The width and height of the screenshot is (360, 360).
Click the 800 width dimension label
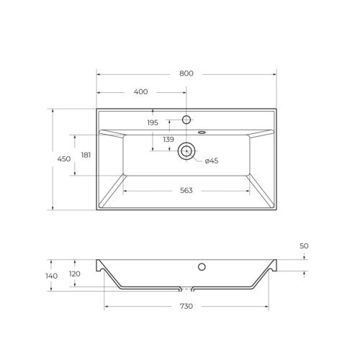tap(186, 73)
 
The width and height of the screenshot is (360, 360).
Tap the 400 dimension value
tap(140, 92)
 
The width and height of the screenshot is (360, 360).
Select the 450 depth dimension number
tap(64, 159)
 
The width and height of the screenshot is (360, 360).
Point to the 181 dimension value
tap(86, 155)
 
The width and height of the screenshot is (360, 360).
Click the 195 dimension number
tap(153, 123)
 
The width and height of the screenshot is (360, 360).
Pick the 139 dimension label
tap(168, 140)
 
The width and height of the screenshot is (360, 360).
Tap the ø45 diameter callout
tap(212, 161)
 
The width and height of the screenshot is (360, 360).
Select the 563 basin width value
tap(186, 191)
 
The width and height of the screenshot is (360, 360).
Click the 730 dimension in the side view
tap(186, 307)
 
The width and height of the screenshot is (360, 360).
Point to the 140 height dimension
tap(51, 276)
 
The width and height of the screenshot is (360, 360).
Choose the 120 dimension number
tap(74, 274)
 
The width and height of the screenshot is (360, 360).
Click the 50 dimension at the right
tap(304, 246)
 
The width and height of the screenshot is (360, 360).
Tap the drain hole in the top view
tap(186, 150)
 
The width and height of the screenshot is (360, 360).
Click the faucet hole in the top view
tap(186, 119)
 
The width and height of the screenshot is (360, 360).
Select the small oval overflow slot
tap(202, 132)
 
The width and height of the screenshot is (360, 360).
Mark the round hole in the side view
tap(202, 267)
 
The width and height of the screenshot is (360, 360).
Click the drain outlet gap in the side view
tap(186, 289)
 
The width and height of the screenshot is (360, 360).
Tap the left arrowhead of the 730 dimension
tap(107, 307)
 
